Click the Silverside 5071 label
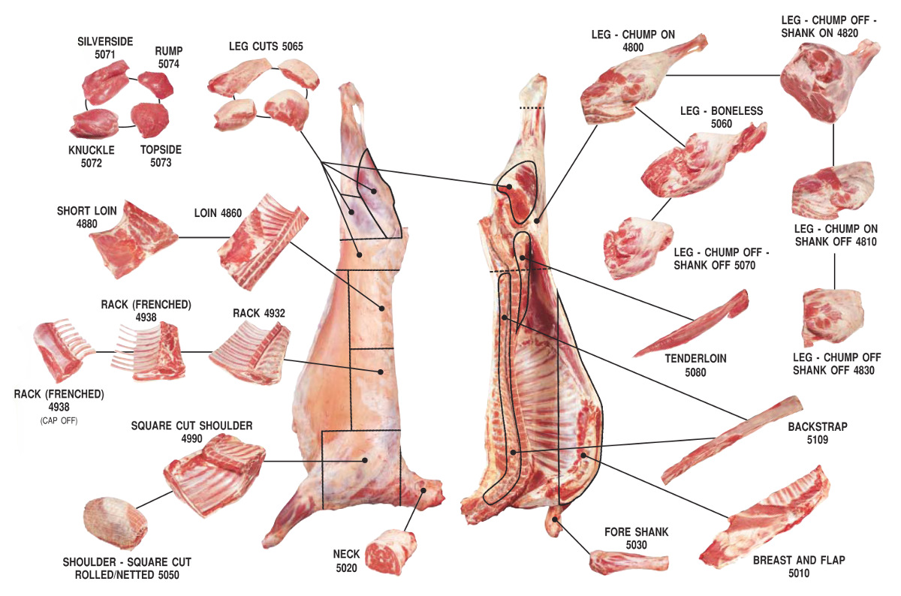coord(105,48)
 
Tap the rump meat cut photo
coord(156,85)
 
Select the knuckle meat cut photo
coord(95,123)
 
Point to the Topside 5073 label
coord(161,156)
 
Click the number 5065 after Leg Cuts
coord(292,47)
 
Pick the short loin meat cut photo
coord(133,239)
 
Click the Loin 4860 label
coord(218,212)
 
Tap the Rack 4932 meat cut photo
coord(250,353)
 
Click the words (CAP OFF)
coord(59,420)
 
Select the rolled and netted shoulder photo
coord(115,522)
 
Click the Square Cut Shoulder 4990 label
coord(191,432)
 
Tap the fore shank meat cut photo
coord(628,562)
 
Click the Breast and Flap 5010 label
coord(799,566)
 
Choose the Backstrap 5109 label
coord(818,432)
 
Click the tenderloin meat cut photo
coord(692,323)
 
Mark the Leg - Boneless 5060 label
coord(722,117)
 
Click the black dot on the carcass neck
coord(423,490)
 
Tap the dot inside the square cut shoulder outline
coord(365,460)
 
